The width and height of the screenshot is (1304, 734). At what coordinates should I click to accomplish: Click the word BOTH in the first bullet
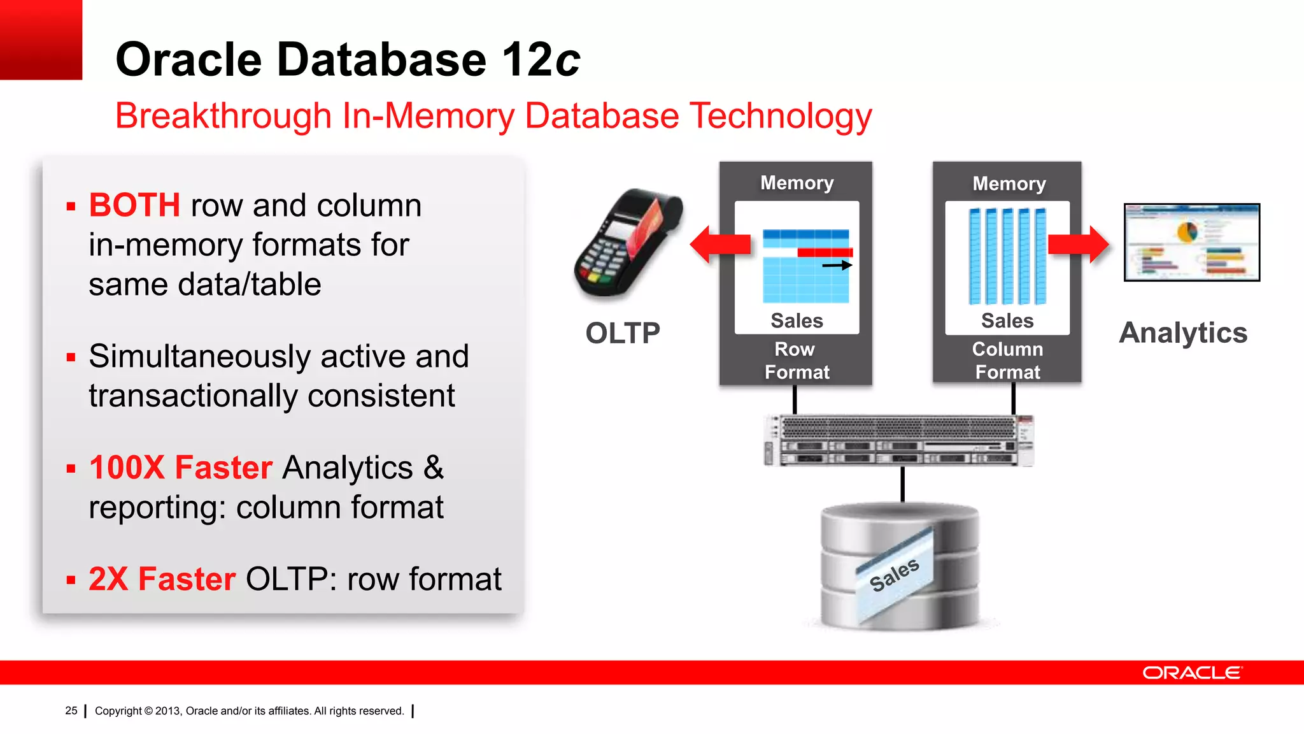(134, 206)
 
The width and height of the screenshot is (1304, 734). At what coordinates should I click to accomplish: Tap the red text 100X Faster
(181, 468)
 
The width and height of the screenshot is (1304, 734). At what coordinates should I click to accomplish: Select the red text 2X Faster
(162, 579)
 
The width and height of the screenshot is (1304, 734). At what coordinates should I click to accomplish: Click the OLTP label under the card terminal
(622, 333)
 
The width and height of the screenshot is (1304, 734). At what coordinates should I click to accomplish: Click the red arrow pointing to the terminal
(719, 244)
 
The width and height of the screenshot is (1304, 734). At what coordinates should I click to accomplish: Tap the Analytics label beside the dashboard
(1183, 333)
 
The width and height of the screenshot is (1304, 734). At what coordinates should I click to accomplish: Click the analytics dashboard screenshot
(1191, 242)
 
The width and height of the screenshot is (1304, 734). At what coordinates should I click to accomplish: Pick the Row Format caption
(796, 361)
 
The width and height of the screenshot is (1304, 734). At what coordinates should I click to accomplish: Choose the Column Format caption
(1007, 361)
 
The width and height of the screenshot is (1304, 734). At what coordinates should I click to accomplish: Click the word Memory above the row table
(797, 183)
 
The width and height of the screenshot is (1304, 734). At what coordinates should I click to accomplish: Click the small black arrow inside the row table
(837, 265)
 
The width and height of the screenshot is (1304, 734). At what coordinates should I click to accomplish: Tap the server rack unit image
(898, 440)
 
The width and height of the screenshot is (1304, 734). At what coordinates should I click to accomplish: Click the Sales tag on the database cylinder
(894, 575)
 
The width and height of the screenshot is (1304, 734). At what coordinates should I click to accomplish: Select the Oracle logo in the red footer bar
(1191, 673)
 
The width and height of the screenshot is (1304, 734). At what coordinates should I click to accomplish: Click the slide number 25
(71, 710)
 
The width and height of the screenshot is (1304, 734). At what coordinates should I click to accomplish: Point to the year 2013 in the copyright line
(167, 711)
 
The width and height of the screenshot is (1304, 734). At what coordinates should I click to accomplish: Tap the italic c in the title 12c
(567, 61)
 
